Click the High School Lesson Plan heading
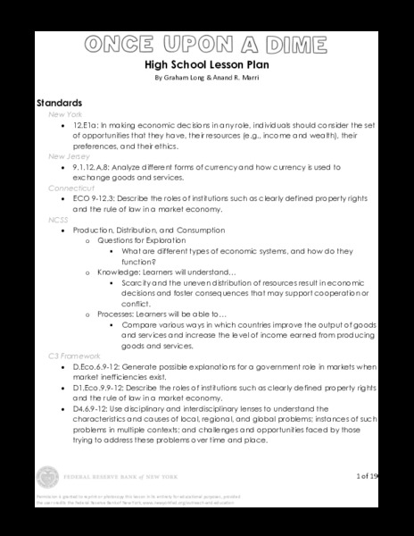click(x=206, y=65)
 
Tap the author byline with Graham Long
click(x=206, y=79)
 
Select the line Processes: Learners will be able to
click(x=157, y=314)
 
